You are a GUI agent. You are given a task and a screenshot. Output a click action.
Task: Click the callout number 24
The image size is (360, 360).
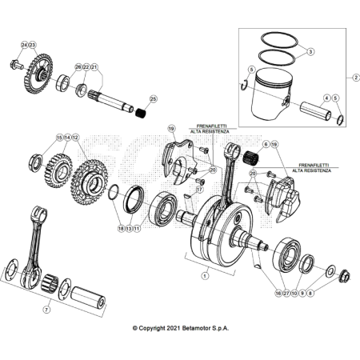pyautogui.click(x=23, y=44)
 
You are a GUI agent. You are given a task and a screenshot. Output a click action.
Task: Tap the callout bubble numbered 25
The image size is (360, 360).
pyautogui.click(x=153, y=99)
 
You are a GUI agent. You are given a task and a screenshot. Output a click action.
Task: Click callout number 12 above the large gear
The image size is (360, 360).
pyautogui.click(x=76, y=138)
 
